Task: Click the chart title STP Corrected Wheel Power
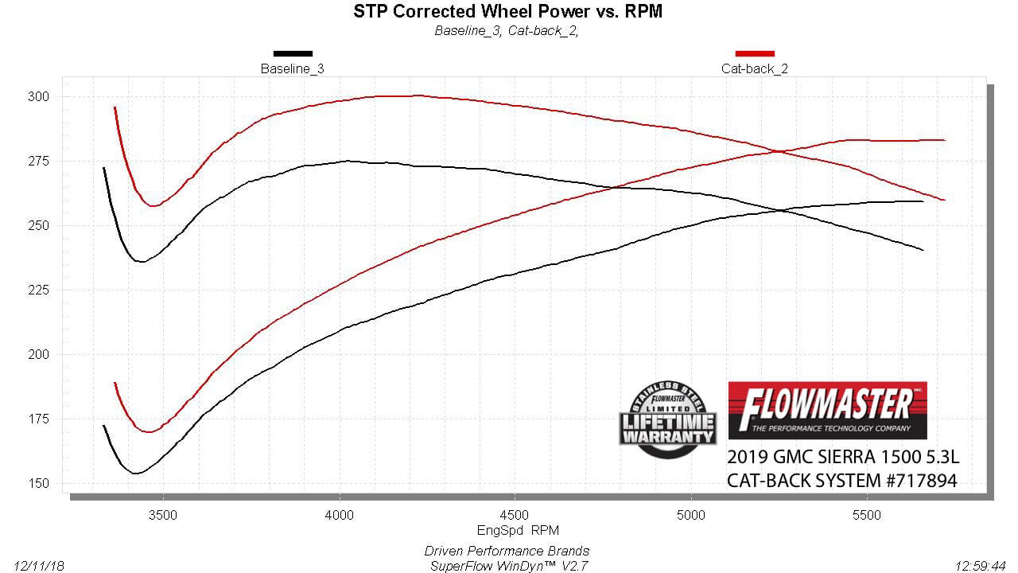[507, 11]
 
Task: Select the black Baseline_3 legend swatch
[293, 53]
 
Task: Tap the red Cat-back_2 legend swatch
[755, 53]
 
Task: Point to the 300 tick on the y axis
[37, 96]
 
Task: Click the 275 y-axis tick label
[37, 161]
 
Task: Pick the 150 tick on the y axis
[37, 483]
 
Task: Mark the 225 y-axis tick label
[37, 290]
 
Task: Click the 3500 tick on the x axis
[163, 515]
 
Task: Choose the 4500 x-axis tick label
[515, 515]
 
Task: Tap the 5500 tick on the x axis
[866, 515]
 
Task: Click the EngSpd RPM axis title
[507, 529]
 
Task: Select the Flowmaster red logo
[827, 410]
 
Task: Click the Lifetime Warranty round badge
[668, 420]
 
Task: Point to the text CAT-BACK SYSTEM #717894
[842, 481]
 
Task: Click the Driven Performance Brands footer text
[507, 551]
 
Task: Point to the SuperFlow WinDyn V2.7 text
[507, 565]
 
